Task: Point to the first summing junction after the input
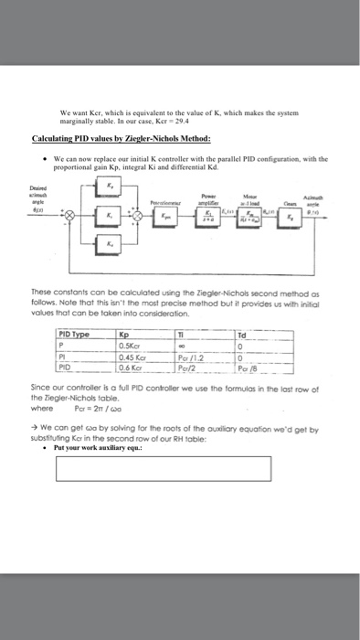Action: [64, 216]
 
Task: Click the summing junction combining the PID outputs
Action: [137, 216]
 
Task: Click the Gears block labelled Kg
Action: [290, 217]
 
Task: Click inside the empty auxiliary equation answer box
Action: [163, 467]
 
